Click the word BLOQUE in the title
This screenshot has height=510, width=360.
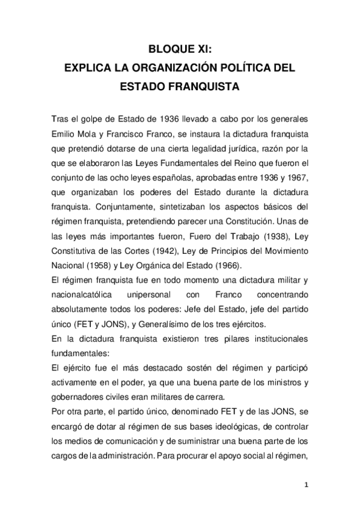click(167, 50)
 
